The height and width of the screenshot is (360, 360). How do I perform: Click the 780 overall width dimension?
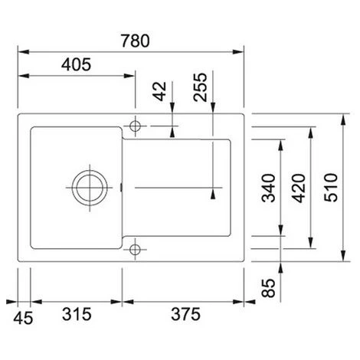[135, 41]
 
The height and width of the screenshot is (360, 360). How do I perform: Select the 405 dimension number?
[76, 64]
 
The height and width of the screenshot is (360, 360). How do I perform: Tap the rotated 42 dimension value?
[159, 91]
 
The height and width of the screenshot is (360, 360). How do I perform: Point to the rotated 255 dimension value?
[200, 87]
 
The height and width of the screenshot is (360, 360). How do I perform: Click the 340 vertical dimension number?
[269, 188]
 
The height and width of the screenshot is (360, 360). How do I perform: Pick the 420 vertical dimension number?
[299, 188]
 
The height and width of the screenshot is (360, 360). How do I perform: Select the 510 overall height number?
[331, 188]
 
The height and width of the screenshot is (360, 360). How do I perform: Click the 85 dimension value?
[269, 288]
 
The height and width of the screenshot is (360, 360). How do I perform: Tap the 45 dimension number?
[23, 319]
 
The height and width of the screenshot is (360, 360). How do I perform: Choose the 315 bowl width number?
[77, 314]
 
